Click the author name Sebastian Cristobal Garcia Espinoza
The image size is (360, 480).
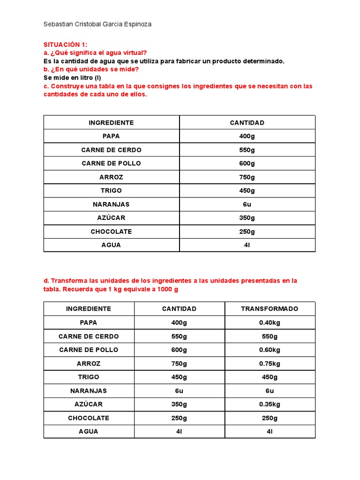(x=97, y=24)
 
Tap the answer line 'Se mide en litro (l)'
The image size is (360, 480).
(x=72, y=77)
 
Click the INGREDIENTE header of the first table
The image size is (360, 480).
(x=111, y=123)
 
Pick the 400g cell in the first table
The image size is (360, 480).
(x=247, y=136)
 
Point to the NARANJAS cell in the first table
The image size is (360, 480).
(x=111, y=204)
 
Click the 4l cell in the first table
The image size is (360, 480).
(x=247, y=245)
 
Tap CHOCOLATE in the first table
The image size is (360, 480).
(x=111, y=232)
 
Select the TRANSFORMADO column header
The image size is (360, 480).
(x=270, y=309)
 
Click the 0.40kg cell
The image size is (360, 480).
(x=270, y=322)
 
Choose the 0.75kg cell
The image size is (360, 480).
(x=270, y=363)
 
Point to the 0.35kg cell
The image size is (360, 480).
(x=270, y=404)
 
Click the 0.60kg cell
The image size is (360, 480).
(x=270, y=350)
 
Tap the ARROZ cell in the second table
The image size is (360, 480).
(x=89, y=363)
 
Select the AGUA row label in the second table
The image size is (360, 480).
(x=89, y=431)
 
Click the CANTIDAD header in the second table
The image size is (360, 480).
(x=179, y=309)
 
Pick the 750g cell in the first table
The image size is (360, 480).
(x=247, y=177)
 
